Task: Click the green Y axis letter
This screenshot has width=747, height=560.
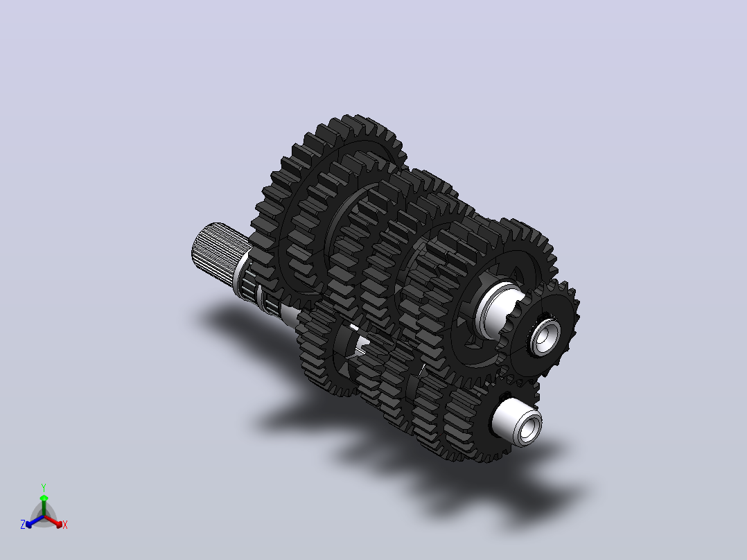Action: tap(44, 487)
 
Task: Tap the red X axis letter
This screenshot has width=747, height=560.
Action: tap(65, 525)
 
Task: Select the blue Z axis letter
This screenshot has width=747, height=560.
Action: tap(23, 525)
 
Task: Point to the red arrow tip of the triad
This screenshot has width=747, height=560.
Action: tap(59, 524)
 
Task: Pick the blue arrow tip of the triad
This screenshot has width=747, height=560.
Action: tap(28, 525)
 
